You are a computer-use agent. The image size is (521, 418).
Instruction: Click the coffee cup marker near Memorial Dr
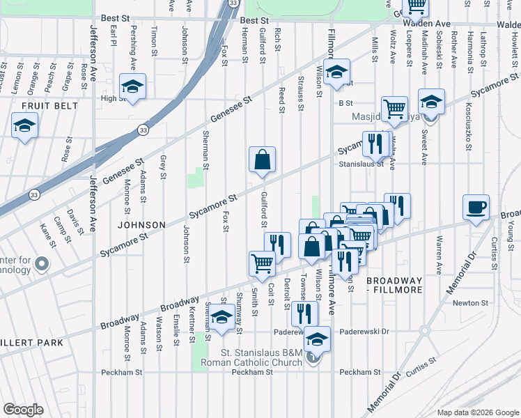click(x=476, y=208)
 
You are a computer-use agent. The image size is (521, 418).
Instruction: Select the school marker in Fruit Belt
click(x=24, y=125)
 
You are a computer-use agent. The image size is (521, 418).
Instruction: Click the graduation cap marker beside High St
click(x=132, y=86)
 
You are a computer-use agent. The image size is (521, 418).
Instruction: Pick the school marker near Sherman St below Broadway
click(x=221, y=317)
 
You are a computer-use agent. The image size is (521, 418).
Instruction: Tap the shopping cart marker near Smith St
click(x=262, y=263)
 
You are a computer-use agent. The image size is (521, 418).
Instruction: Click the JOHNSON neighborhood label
click(x=141, y=225)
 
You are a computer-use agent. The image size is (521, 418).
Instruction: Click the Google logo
click(x=24, y=409)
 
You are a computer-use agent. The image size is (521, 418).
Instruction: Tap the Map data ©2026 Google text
click(x=476, y=412)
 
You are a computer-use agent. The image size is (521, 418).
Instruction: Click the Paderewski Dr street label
click(x=363, y=332)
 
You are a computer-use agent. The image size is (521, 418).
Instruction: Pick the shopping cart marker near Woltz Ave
click(x=394, y=108)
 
